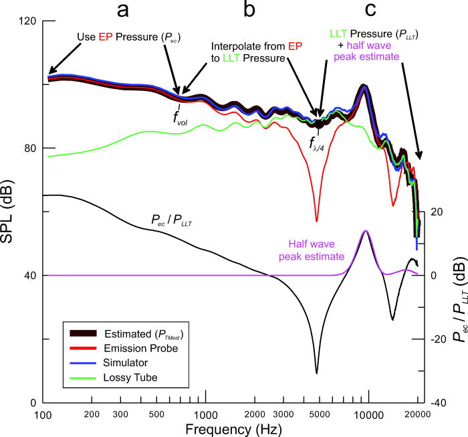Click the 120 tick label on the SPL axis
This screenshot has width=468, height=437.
27,21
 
